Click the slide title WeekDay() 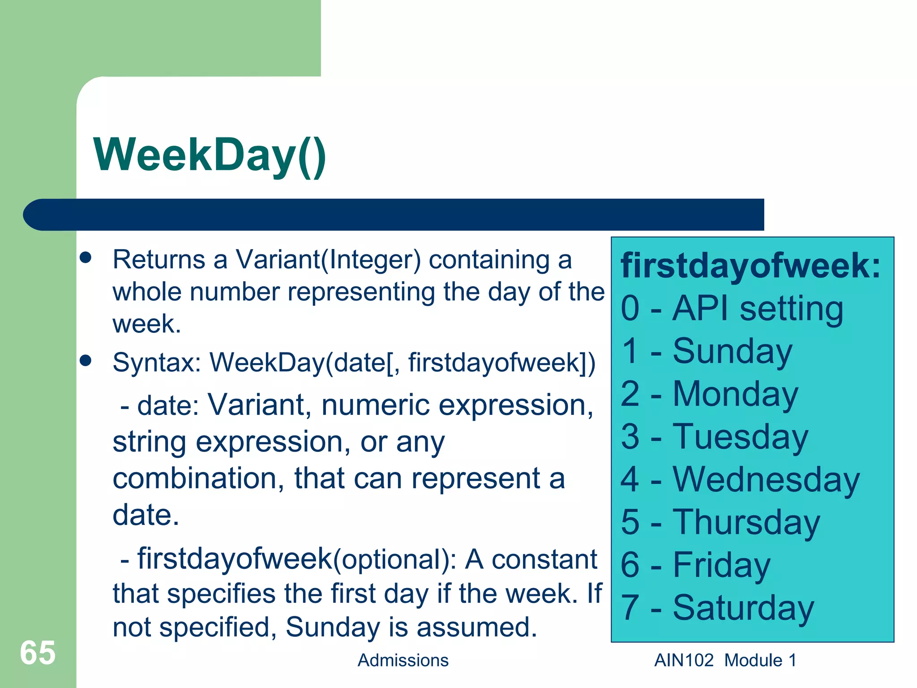coord(210,155)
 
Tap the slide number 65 coord(38,653)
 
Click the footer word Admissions coord(403,660)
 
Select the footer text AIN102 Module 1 coord(725,660)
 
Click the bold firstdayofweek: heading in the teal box coord(750,266)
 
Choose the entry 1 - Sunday coord(707,351)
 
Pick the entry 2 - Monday coord(709,394)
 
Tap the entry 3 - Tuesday coord(715,437)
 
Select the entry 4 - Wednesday coord(740,480)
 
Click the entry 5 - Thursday coord(720,522)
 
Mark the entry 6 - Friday coord(695,565)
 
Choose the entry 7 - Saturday coord(717,608)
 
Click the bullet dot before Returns coord(86,258)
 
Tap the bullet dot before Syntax coord(86,360)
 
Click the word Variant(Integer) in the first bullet coord(328,260)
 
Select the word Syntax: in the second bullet coord(157,362)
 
